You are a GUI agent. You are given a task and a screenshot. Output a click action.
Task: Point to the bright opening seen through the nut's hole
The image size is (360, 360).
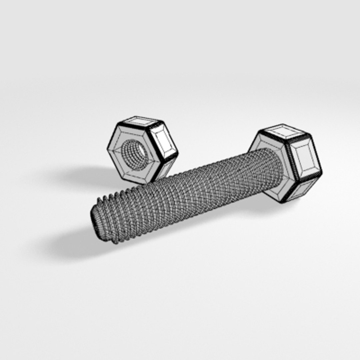(x=142, y=152)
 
